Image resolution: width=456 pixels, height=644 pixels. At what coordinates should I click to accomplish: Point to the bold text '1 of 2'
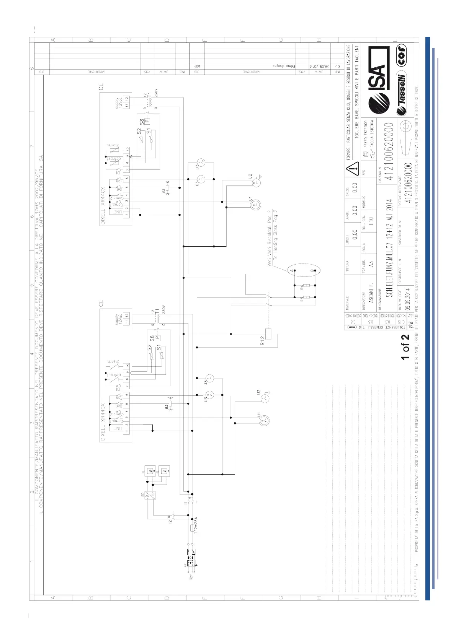coord(405,346)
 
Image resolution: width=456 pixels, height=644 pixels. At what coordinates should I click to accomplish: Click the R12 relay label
coord(263,340)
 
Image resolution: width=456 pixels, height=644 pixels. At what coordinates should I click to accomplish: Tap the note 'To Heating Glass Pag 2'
coord(275,234)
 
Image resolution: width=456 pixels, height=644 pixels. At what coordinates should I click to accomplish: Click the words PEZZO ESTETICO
coord(366,134)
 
